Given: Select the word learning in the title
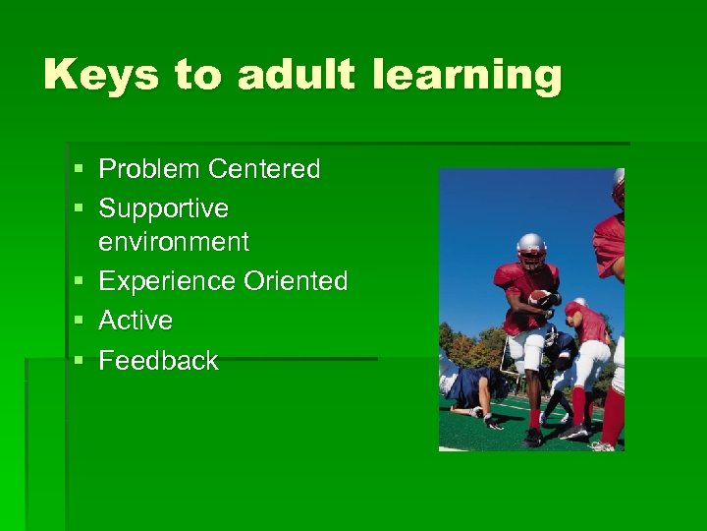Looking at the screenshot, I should tap(468, 76).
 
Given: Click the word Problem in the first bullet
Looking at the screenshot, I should tap(148, 169).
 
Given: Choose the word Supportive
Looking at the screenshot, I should tap(164, 208).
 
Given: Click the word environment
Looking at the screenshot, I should tap(174, 241).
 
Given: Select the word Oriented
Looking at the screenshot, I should tap(296, 281).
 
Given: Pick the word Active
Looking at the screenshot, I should tap(136, 321).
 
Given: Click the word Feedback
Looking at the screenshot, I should tap(158, 361).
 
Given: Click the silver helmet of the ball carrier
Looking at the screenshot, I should tap(531, 249).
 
